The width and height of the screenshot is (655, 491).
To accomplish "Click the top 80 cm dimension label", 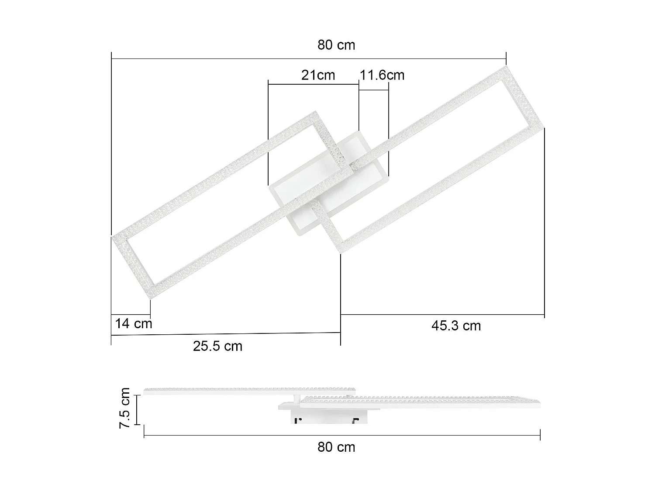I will [x=336, y=45].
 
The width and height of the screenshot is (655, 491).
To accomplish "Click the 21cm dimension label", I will [x=318, y=75].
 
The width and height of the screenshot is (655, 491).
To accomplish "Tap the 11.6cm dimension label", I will [x=382, y=75].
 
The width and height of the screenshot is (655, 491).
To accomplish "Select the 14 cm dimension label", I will [x=134, y=324].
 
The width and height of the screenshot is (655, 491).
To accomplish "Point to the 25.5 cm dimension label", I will [x=217, y=346].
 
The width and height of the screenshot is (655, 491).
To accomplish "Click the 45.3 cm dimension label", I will [x=456, y=326].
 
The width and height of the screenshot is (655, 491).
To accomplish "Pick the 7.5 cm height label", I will [x=125, y=408].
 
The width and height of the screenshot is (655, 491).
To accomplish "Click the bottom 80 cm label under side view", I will [x=336, y=447].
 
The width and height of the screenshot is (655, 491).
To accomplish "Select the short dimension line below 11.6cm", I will [x=373, y=90].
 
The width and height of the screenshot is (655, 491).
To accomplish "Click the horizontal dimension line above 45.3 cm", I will [x=442, y=314].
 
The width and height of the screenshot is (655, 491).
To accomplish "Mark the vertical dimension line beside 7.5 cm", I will [x=137, y=409].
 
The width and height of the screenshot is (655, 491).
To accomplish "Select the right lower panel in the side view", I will [x=419, y=402].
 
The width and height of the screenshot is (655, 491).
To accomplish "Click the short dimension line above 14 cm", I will [x=131, y=314].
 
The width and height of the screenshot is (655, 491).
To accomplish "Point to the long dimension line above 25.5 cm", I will [x=226, y=334].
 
